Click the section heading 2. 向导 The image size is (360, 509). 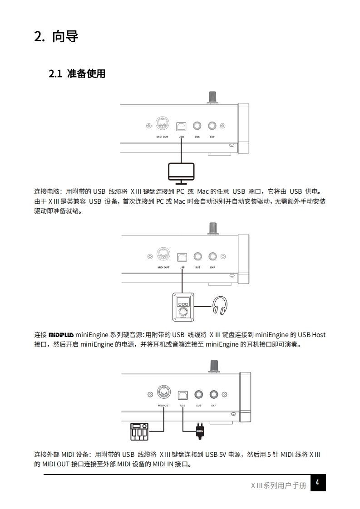[x=56, y=36]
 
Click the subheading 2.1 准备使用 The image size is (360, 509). [x=77, y=73]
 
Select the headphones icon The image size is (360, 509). [x=220, y=305]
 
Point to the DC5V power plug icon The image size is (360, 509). [x=199, y=431]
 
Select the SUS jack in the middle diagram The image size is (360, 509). [x=197, y=256]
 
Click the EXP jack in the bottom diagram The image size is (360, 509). [x=213, y=394]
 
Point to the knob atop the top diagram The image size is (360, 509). [x=212, y=97]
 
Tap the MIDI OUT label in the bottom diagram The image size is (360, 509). [x=164, y=406]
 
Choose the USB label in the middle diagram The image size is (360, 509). [x=182, y=268]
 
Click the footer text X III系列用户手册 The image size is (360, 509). [x=278, y=485]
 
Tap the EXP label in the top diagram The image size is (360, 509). [x=212, y=137]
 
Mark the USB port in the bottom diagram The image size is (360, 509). [x=183, y=394]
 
